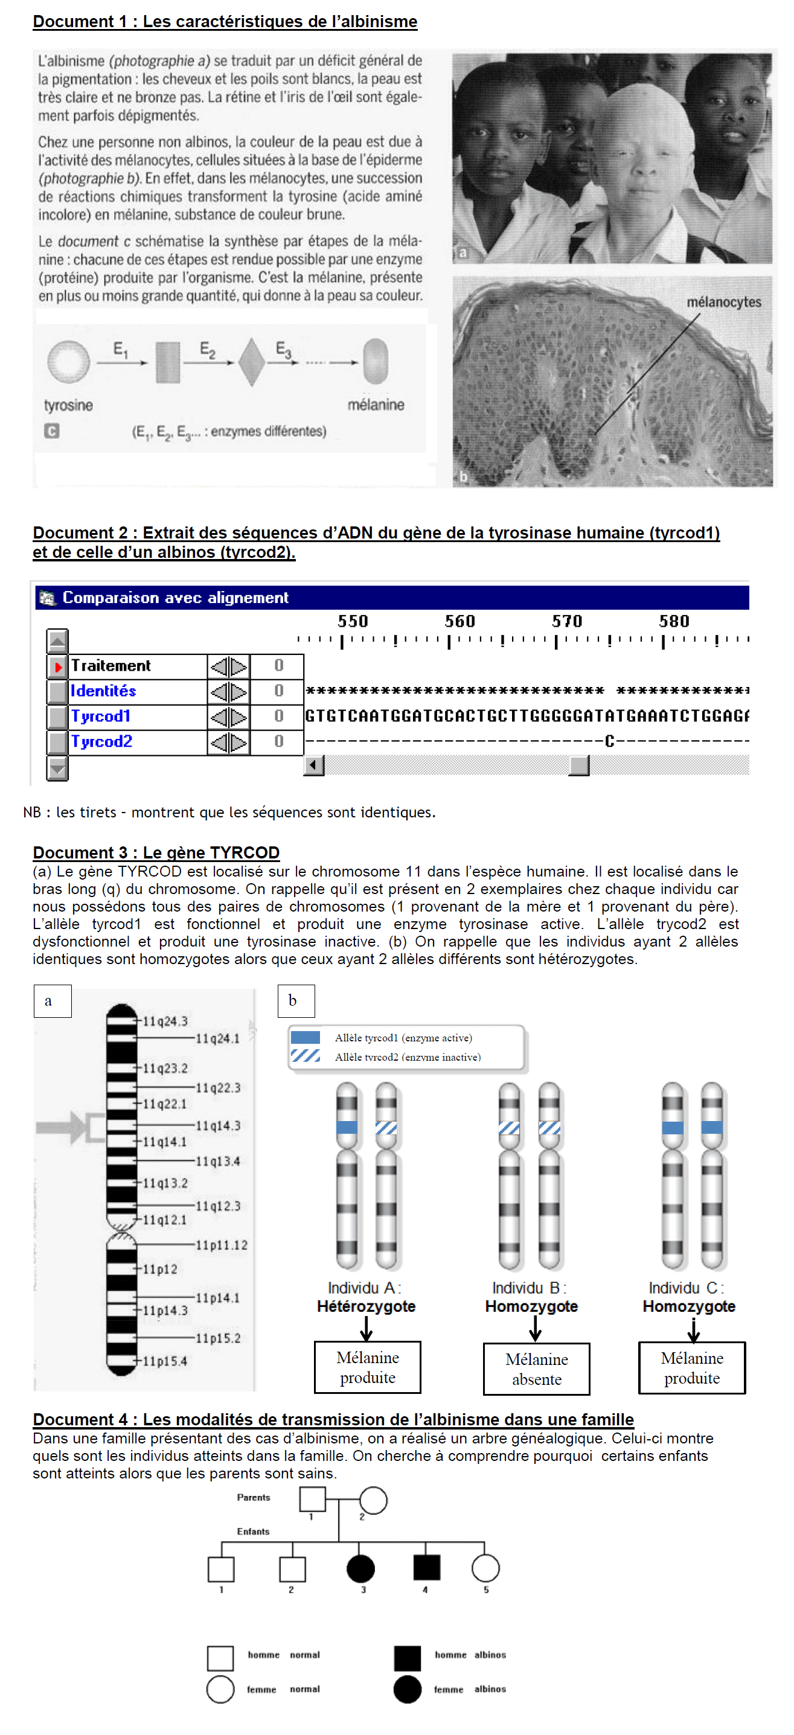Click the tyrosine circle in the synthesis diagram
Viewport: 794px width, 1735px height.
coord(68,361)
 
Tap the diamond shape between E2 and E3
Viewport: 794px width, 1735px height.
coord(251,362)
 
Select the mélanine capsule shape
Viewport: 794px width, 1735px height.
coord(375,360)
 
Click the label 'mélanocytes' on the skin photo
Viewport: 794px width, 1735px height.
coord(723,302)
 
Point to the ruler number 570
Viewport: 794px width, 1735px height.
coord(566,621)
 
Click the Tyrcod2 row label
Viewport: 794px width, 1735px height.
coord(101,741)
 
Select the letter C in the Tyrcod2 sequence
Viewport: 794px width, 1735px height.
coord(609,741)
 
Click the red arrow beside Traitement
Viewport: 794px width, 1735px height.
coord(58,666)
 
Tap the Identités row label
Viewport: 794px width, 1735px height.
coord(103,691)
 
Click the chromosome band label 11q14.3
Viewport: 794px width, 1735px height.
coord(217,1125)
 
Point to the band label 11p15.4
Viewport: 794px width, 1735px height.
coord(165,1361)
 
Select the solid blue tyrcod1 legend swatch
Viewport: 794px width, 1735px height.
coord(305,1037)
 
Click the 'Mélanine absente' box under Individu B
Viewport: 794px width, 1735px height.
coord(536,1369)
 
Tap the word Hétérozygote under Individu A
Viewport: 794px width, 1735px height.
coord(366,1306)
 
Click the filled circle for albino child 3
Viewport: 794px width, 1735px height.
coord(360,1568)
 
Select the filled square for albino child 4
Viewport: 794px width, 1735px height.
coord(426,1567)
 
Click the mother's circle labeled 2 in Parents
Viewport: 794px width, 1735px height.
coord(373,1501)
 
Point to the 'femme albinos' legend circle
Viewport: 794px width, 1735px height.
coord(407,1689)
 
